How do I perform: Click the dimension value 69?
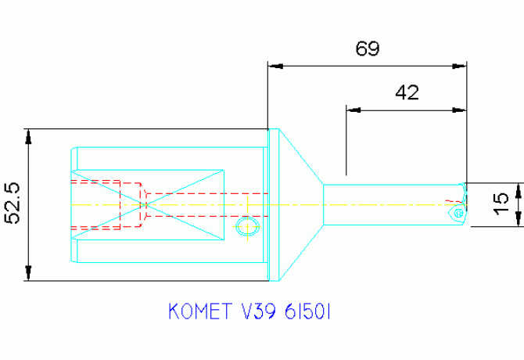click(x=367, y=49)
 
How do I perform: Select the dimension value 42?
click(x=407, y=92)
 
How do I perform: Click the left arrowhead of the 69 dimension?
click(x=274, y=67)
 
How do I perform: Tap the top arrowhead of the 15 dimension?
click(x=518, y=189)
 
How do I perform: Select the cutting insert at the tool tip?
click(x=458, y=211)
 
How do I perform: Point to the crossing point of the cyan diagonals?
click(x=146, y=204)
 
